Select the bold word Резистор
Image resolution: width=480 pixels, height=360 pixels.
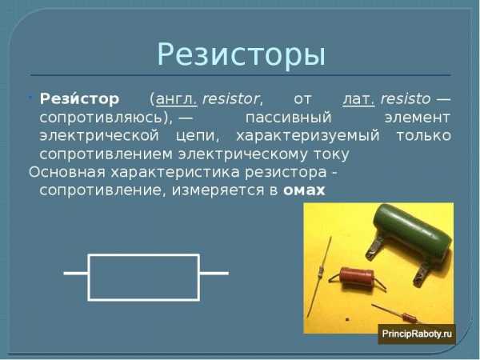click(79, 98)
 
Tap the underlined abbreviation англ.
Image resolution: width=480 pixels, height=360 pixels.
click(176, 99)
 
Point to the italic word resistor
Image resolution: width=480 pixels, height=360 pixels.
click(232, 99)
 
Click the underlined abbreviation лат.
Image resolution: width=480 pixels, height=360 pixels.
click(358, 99)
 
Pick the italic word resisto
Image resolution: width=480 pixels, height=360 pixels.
click(406, 99)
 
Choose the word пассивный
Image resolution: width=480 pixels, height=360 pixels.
click(288, 118)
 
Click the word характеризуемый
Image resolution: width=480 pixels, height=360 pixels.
click(308, 136)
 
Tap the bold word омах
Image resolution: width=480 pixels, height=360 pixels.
click(304, 190)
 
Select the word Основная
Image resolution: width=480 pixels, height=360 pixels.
click(67, 172)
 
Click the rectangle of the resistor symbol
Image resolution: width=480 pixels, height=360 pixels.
click(144, 254)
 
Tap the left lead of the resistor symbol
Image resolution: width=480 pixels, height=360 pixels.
click(76, 273)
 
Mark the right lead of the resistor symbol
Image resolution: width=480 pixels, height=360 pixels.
click(214, 273)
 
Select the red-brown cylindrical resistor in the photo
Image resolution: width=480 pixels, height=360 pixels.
click(357, 277)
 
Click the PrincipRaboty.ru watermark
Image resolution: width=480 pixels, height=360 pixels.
click(417, 334)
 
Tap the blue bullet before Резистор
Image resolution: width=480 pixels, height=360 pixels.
click(30, 98)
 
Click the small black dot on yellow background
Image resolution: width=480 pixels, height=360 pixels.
click(347, 319)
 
